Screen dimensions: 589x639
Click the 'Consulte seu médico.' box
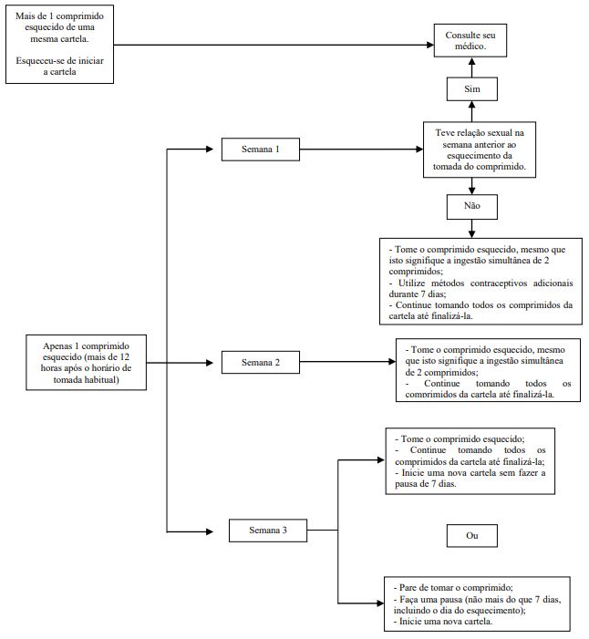pos(470,40)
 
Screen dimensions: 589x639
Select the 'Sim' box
pos(472,88)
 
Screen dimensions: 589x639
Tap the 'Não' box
pos(472,206)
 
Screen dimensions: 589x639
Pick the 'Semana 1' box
pos(261,149)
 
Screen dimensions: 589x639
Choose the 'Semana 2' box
pos(261,362)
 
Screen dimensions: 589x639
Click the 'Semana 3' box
pos(268,531)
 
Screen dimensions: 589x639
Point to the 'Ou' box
pos(472,535)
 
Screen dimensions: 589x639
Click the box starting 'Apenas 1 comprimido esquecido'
pos(86,363)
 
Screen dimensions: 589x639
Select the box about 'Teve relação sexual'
pos(480,149)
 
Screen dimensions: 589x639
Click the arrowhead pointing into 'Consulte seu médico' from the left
pos(430,45)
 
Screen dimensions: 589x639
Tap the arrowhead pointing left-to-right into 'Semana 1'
pos(210,149)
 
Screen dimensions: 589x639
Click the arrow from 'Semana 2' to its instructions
pos(347,362)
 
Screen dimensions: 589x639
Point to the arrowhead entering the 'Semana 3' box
pos(210,531)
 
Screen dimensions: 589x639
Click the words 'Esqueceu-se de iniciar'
pos(59,61)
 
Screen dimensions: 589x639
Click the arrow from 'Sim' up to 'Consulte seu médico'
pos(472,67)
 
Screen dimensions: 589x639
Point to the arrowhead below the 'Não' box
pos(471,234)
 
